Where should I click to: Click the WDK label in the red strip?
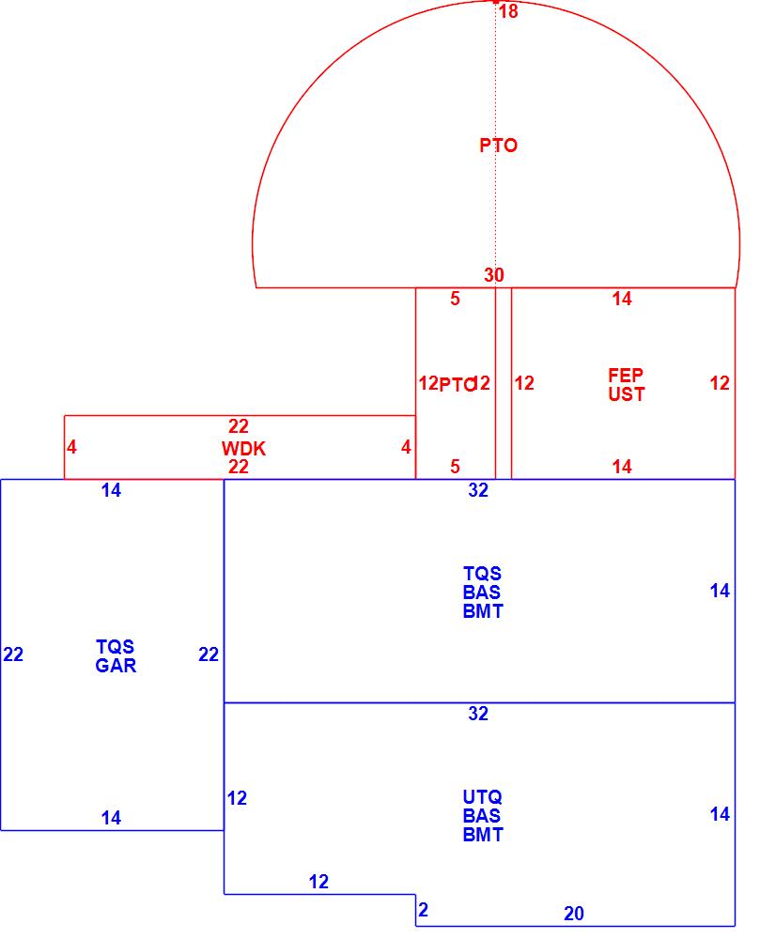point(243,449)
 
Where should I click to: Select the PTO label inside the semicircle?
point(498,146)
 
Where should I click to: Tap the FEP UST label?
point(626,385)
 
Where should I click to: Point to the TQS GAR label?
point(116,656)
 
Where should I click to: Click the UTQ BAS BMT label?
point(483,816)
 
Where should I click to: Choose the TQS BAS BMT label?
point(483,593)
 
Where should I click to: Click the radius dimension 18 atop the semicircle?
point(508,12)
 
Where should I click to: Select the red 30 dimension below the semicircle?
point(494,275)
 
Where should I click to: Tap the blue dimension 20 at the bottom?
point(574,914)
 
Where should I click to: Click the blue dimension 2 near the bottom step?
point(424,910)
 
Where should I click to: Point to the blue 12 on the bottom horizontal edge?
point(318,882)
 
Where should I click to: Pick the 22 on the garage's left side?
point(13,654)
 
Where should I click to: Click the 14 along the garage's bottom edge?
point(111,818)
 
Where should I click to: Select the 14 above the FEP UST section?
point(622,300)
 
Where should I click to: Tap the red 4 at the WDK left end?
point(71,448)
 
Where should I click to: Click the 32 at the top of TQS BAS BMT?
point(478,490)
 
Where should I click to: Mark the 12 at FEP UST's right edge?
point(720,383)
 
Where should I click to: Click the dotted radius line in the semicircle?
point(496,188)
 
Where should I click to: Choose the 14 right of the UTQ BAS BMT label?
point(720,814)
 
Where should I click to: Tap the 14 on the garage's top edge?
point(111,490)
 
